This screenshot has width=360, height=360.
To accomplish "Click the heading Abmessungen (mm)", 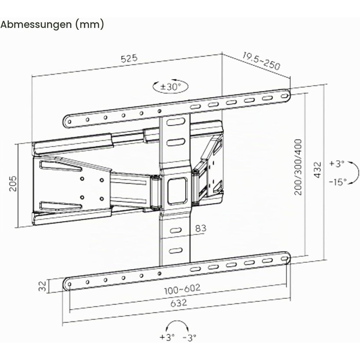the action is pyautogui.click(x=52, y=25).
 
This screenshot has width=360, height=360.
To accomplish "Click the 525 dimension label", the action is pyautogui.click(x=129, y=58).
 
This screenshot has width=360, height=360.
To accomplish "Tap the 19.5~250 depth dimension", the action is pyautogui.click(x=261, y=61).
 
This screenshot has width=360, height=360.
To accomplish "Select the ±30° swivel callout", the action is pyautogui.click(x=171, y=87).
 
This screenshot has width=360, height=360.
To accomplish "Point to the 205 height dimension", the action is pyautogui.click(x=13, y=184).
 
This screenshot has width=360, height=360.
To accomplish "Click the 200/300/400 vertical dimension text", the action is pyautogui.click(x=298, y=167).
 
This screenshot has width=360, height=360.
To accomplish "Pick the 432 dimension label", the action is pyautogui.click(x=318, y=170).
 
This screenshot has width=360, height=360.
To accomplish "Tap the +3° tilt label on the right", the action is pyautogui.click(x=337, y=164).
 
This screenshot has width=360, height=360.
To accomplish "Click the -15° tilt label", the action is pyautogui.click(x=337, y=182).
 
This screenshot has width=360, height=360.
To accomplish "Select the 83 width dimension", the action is pyautogui.click(x=201, y=228).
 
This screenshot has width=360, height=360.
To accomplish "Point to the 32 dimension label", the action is pyautogui.click(x=43, y=286).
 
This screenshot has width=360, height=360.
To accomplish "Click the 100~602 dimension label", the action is pyautogui.click(x=182, y=289).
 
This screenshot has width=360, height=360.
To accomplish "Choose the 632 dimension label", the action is pyautogui.click(x=178, y=303).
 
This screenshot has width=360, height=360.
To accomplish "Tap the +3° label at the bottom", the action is pyautogui.click(x=167, y=337).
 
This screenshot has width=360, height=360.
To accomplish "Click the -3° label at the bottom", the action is pyautogui.click(x=190, y=337).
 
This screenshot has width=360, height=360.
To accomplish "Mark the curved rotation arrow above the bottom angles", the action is pyautogui.click(x=177, y=322).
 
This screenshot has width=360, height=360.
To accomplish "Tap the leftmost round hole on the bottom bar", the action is pyautogui.click(x=69, y=284).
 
